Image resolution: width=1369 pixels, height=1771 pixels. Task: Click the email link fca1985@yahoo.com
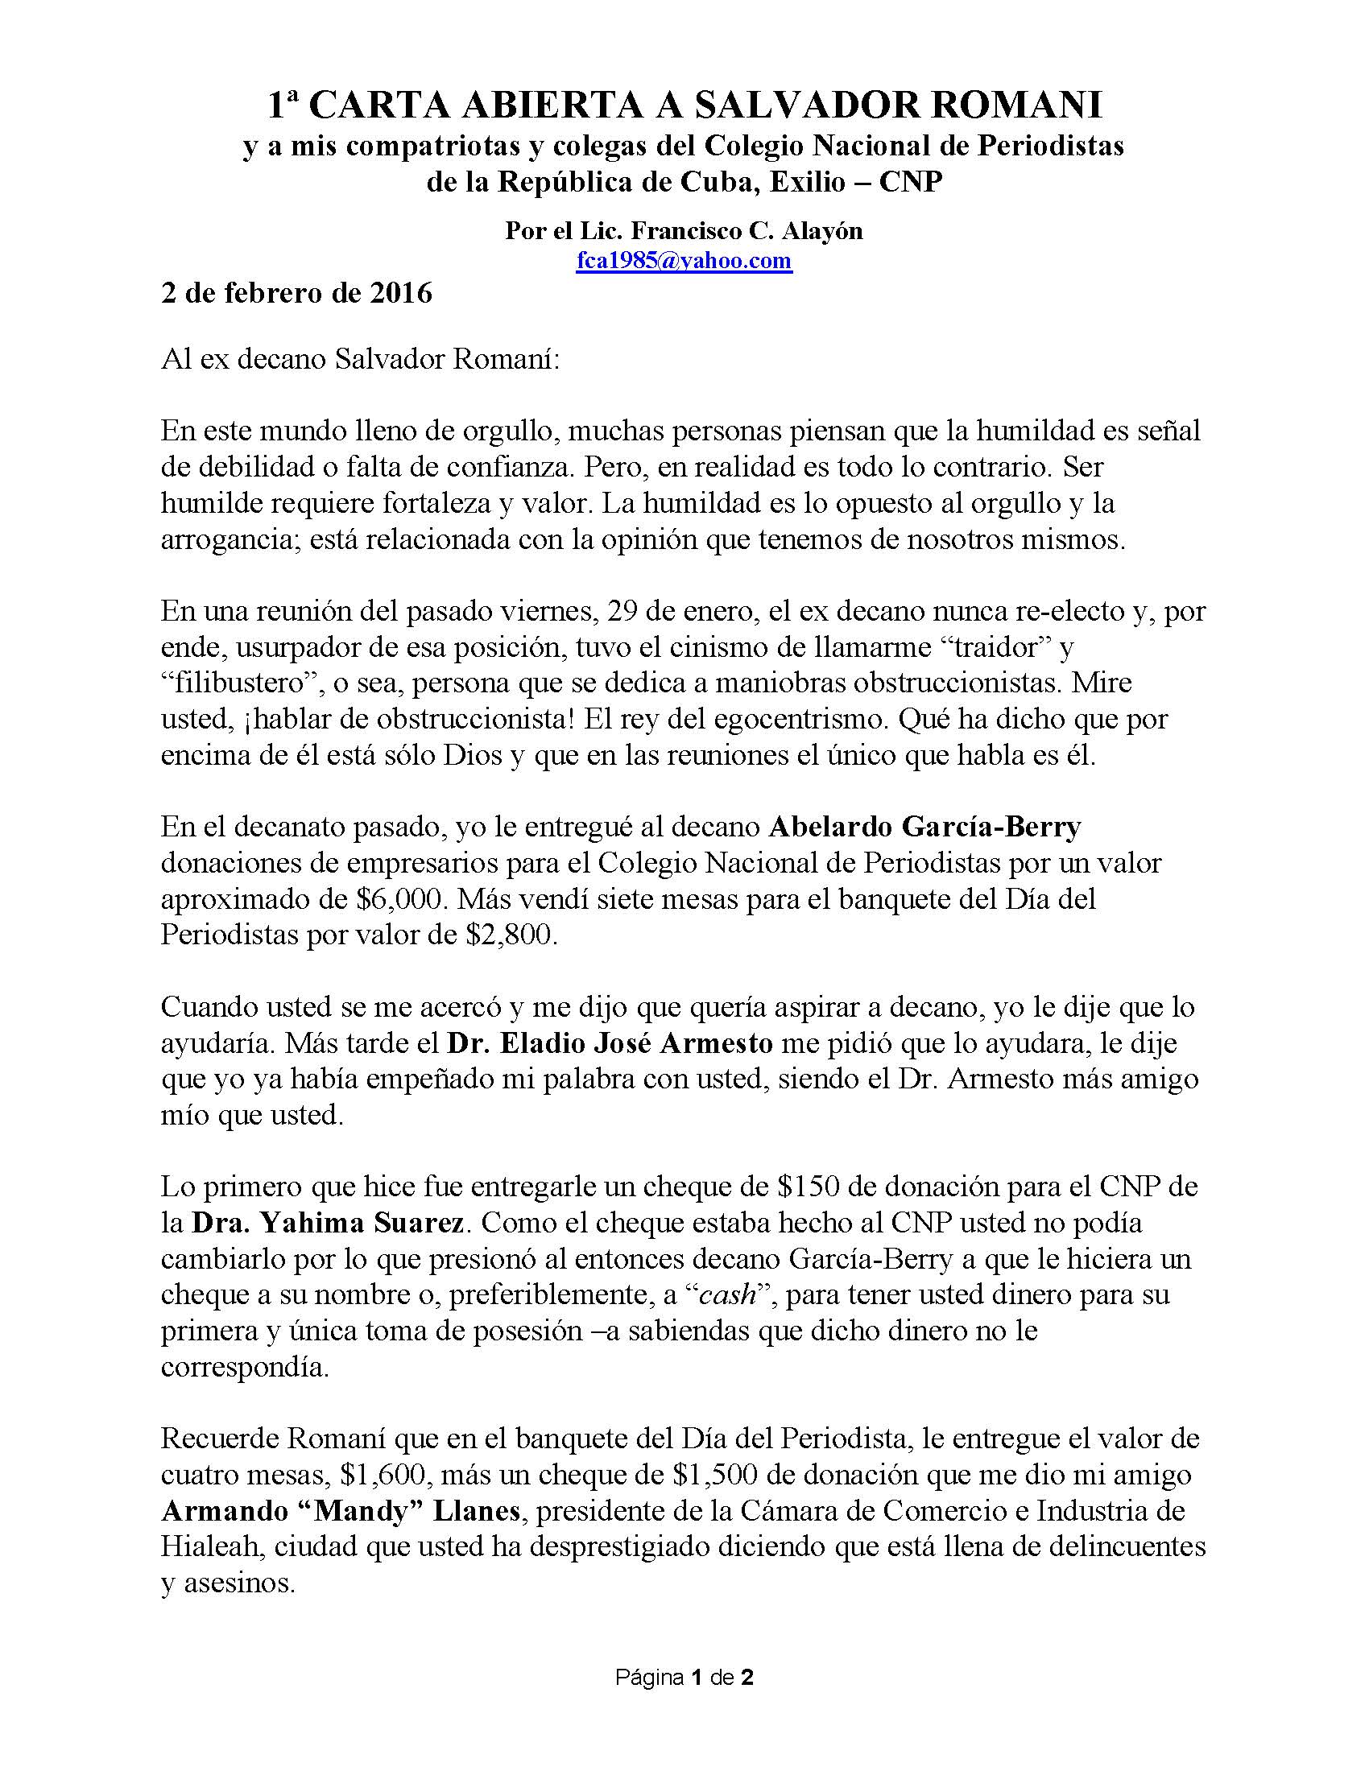pos(684,261)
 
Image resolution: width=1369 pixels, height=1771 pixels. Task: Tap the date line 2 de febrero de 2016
pos(297,293)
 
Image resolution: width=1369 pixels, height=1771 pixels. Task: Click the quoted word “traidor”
pos(988,647)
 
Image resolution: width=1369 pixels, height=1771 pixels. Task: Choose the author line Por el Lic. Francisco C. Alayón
pos(684,231)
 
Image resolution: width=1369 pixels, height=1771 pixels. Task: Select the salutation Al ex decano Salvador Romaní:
pos(360,359)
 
